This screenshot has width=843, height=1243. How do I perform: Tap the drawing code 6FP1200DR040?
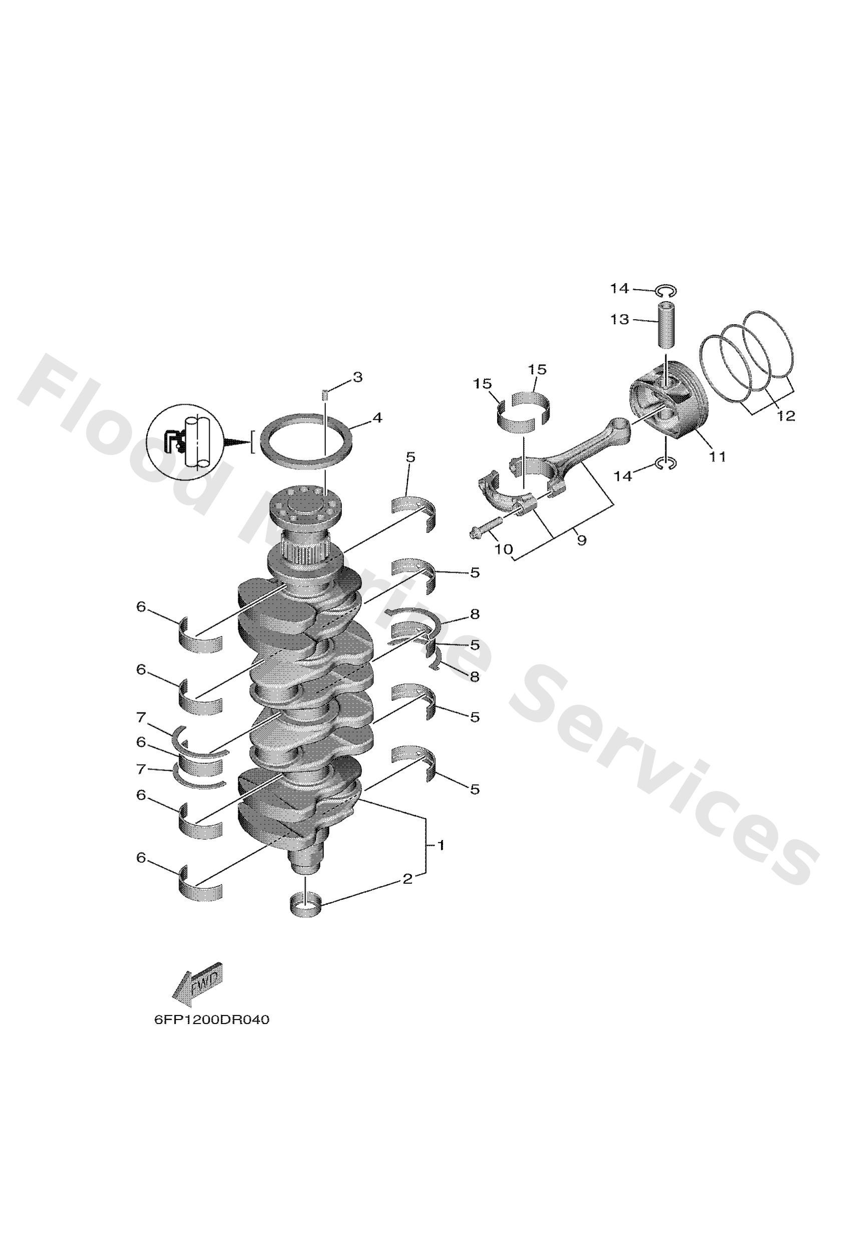(x=212, y=1020)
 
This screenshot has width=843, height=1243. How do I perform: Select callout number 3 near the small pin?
(x=357, y=377)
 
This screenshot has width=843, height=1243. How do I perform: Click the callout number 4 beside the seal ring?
(x=377, y=418)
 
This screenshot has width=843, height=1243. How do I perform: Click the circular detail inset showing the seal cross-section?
(x=185, y=442)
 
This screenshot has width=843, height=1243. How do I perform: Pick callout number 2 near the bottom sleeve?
(x=407, y=879)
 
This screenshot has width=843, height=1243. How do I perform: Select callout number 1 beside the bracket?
(x=441, y=846)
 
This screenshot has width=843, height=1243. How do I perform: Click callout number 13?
(x=620, y=320)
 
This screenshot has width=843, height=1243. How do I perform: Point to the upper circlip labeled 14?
(x=666, y=291)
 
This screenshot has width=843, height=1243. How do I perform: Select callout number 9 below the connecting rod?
(x=582, y=540)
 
